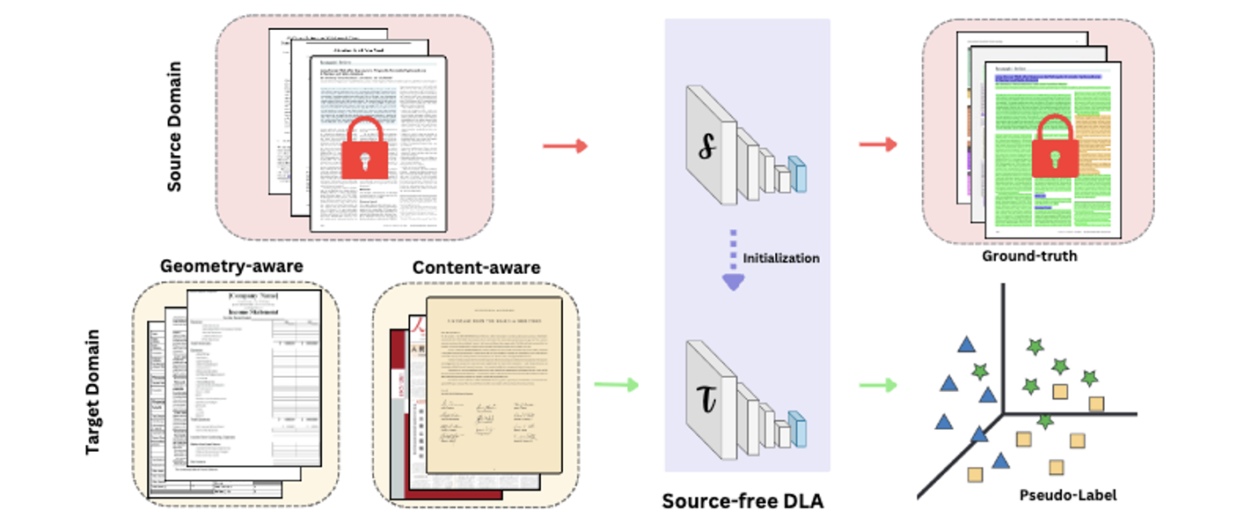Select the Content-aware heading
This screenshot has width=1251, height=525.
point(477,268)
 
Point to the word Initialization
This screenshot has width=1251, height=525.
point(781,258)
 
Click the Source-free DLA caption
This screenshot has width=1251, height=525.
point(743,502)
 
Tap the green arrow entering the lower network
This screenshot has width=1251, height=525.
point(616,384)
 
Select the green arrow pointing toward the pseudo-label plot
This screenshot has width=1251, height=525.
point(877,384)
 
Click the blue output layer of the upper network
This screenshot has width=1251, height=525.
point(797,174)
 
